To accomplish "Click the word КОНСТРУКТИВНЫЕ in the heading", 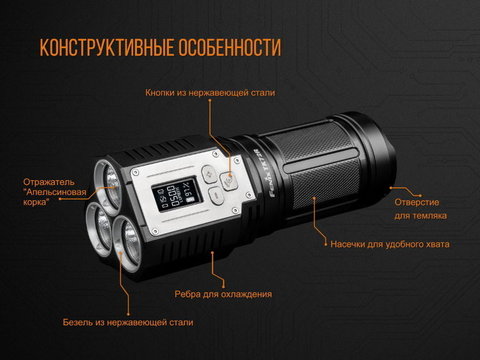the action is (x=107, y=47).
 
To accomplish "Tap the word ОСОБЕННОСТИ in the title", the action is (x=230, y=47).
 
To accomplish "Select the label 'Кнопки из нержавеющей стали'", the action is (x=210, y=93).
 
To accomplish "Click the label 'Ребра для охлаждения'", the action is (x=223, y=294).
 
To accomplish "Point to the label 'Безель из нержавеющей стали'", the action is (x=128, y=322).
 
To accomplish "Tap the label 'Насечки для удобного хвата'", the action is (x=390, y=244).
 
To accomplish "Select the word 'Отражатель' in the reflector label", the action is (x=49, y=182).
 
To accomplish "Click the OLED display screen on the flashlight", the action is (x=173, y=196).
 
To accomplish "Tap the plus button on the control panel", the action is (x=208, y=174).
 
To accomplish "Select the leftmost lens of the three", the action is (x=99, y=229).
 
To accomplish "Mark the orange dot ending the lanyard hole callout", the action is (x=420, y=196).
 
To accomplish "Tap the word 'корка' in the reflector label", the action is (x=34, y=202).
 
